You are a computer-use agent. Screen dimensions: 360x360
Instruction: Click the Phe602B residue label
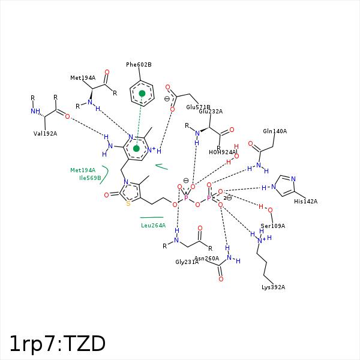click(139, 65)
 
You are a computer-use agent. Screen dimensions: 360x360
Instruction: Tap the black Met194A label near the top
click(83, 78)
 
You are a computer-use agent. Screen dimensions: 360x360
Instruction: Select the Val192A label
click(45, 134)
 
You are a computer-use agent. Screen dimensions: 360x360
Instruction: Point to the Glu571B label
click(198, 107)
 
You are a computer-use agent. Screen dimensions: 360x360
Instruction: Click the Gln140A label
click(275, 131)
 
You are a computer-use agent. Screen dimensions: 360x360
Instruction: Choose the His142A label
click(306, 202)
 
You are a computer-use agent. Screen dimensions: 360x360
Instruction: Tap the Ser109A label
click(272, 226)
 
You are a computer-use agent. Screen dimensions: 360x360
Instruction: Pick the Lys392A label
click(273, 287)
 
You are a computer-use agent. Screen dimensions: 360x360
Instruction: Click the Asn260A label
click(206, 259)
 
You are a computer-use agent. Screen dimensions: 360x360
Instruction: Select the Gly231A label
click(187, 262)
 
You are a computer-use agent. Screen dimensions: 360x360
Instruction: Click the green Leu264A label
click(153, 226)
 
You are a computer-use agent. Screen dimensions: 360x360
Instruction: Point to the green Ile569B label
click(90, 178)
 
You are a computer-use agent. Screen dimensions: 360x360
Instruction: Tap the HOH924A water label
click(223, 152)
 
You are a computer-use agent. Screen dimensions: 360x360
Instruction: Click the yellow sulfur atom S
click(128, 203)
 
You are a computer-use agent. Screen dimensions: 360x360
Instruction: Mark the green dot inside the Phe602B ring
click(142, 94)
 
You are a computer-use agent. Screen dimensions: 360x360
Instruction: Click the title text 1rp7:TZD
click(58, 344)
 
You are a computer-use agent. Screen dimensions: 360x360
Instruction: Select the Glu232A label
click(211, 112)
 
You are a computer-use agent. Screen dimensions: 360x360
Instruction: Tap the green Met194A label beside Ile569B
click(83, 170)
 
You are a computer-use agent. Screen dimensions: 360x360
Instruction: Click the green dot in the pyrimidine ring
click(136, 148)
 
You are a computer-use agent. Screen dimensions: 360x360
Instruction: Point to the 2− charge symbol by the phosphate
click(227, 197)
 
